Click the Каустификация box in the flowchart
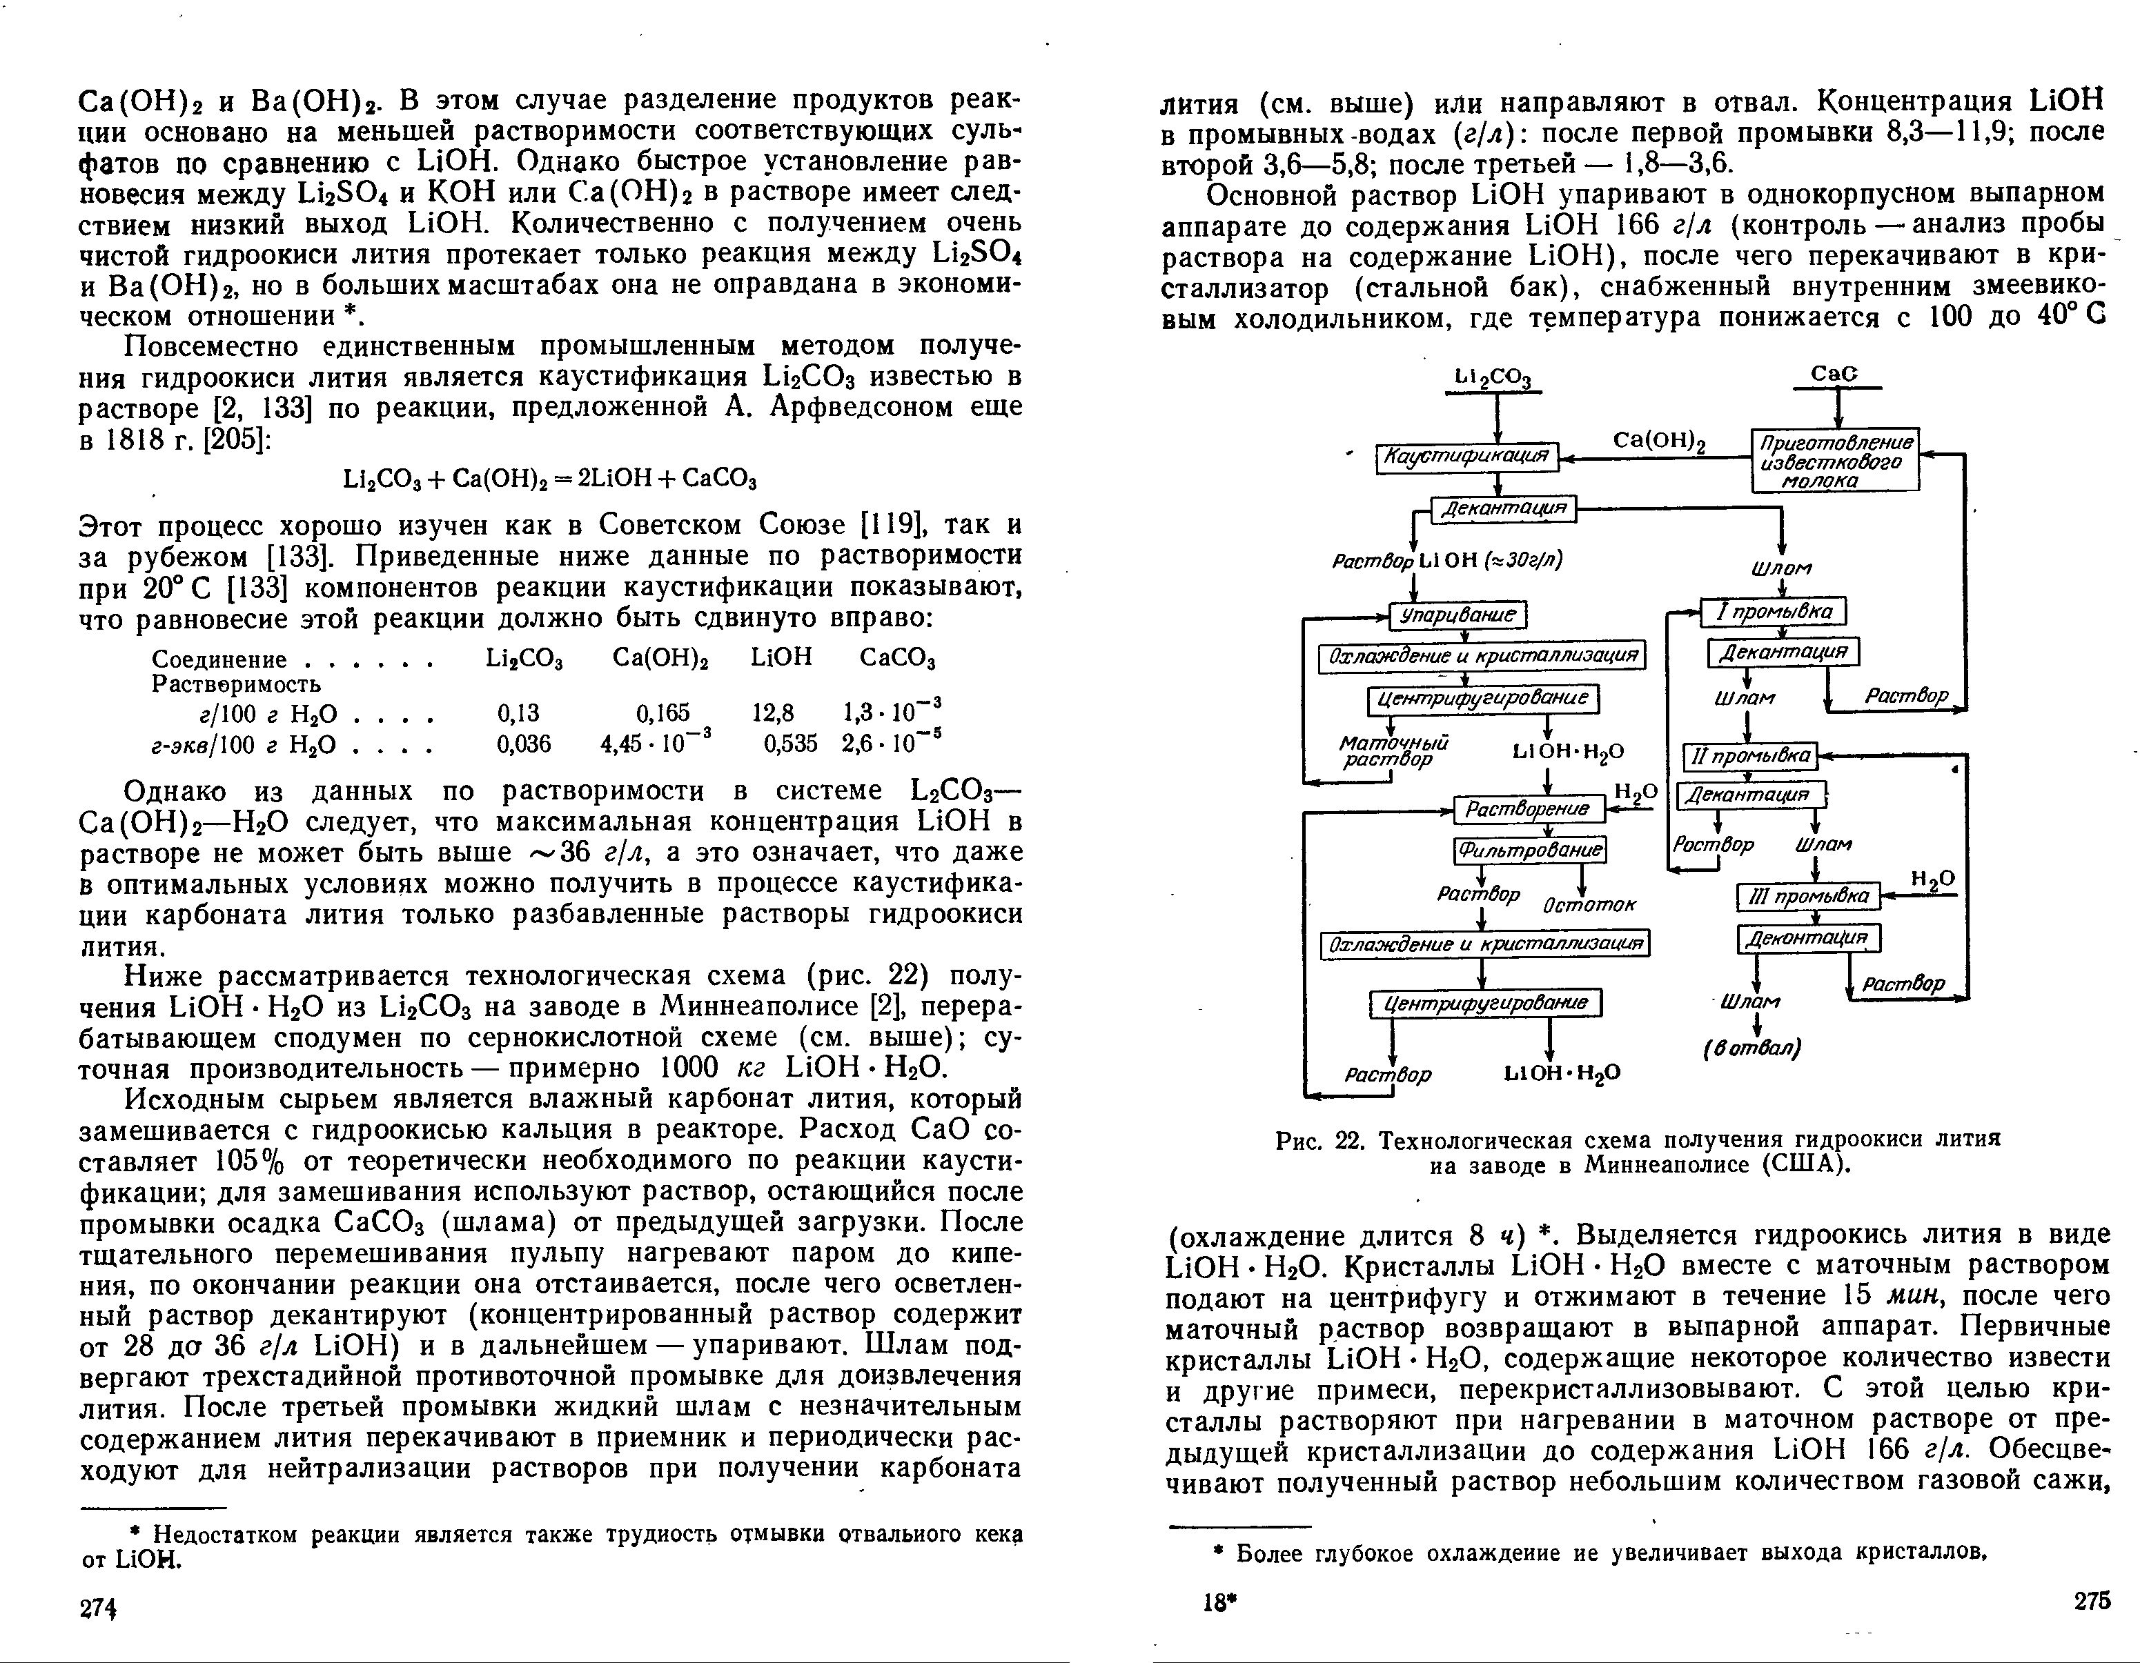tap(1467, 457)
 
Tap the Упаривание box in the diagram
tap(1458, 615)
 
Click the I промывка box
tap(1774, 612)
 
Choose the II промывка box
tap(1749, 756)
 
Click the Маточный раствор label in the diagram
tap(1391, 751)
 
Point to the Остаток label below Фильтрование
tap(1589, 906)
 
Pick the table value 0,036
tap(524, 744)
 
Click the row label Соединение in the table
tap(219, 659)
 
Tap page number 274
tap(98, 1608)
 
